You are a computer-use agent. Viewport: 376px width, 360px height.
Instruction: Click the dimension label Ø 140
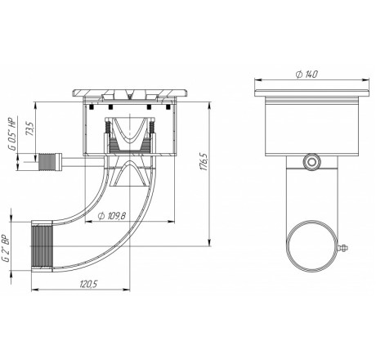pos(307,74)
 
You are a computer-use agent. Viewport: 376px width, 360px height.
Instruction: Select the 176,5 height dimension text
pos(204,161)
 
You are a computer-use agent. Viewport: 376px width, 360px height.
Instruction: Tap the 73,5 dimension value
pos(29,128)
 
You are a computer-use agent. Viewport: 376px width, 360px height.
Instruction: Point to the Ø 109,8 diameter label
pos(112,216)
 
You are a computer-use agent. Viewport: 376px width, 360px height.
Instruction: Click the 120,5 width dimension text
pos(88,285)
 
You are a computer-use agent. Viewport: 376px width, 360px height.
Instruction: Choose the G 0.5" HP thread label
pos(12,135)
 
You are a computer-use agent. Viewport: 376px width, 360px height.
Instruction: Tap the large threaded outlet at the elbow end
pos(43,246)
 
